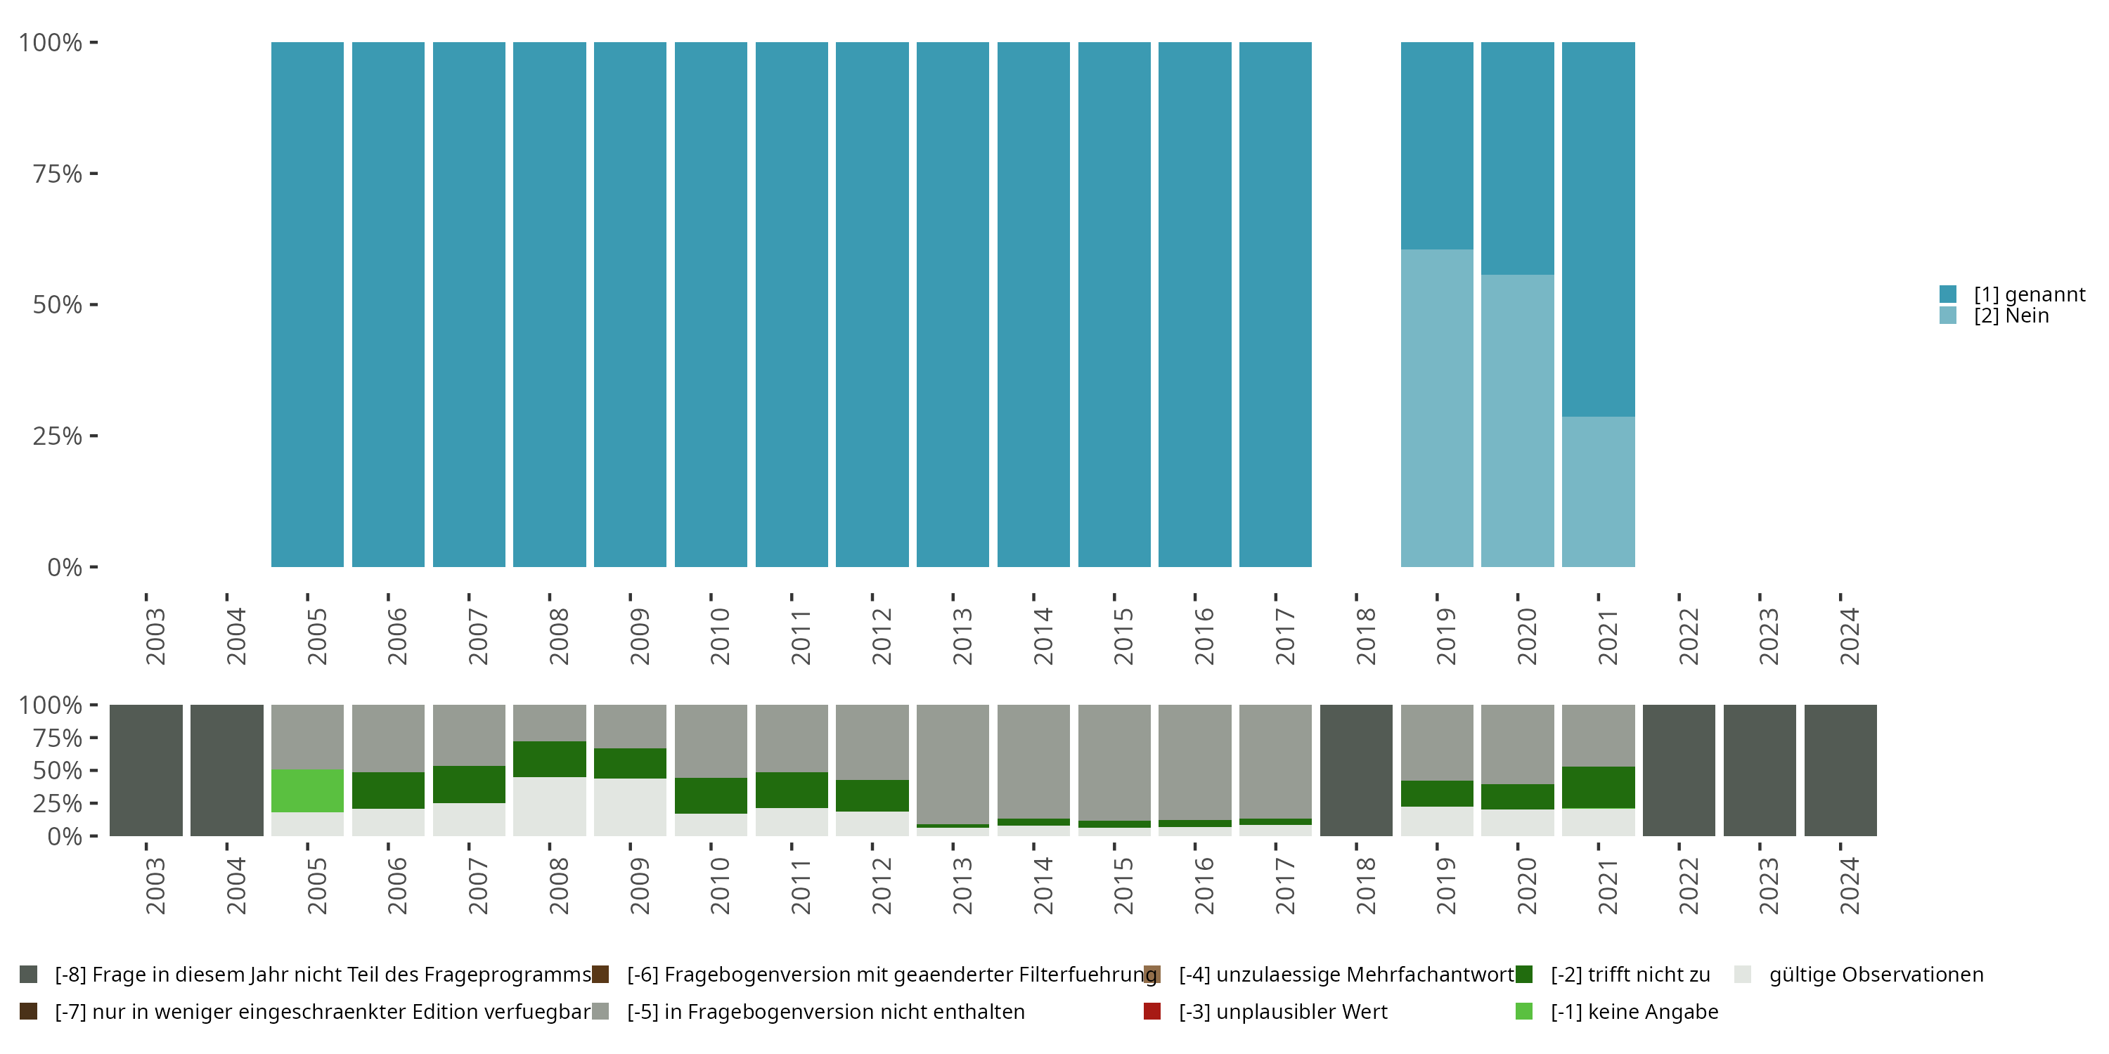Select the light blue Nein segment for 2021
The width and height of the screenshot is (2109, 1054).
tap(1597, 491)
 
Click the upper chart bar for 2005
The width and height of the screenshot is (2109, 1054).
tap(307, 304)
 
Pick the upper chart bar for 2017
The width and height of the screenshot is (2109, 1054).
tap(1275, 304)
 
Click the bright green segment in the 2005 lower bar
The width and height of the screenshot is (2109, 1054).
tap(307, 790)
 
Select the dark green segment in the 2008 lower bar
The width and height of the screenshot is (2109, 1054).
tap(549, 759)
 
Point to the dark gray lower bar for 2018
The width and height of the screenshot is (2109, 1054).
tap(1356, 770)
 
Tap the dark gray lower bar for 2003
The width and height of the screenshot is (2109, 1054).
tap(146, 770)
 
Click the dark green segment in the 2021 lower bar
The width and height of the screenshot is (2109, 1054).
tap(1597, 787)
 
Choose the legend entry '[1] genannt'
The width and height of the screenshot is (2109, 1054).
tap(2029, 294)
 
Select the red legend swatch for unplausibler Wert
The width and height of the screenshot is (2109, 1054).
tap(1152, 1011)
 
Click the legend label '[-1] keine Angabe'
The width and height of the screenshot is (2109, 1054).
tap(1634, 1011)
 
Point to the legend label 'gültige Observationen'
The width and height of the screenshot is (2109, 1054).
tap(1876, 975)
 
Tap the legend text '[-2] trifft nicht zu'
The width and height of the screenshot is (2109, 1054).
tap(1630, 975)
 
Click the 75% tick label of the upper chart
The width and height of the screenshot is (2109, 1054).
tap(58, 174)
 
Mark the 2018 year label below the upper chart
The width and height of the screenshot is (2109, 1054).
tap(1365, 636)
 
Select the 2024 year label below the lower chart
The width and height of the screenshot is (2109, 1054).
tap(1849, 885)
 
